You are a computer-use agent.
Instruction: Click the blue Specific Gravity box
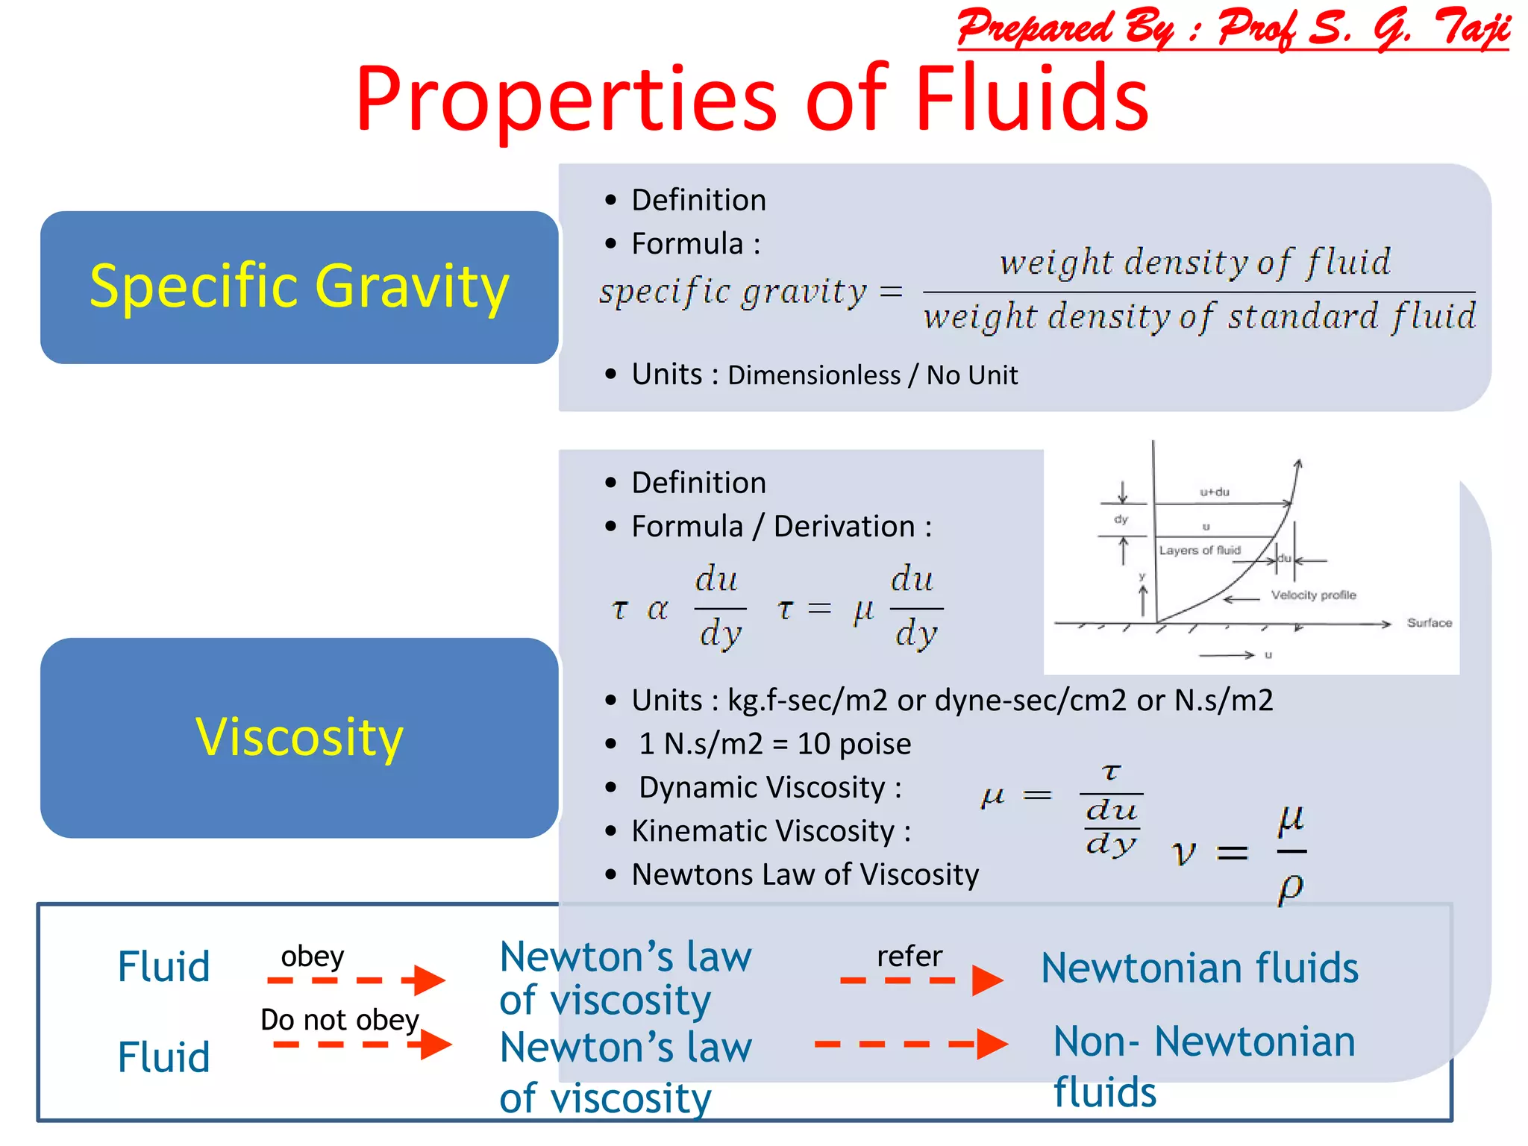tap(298, 287)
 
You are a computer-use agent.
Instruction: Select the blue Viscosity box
tap(298, 737)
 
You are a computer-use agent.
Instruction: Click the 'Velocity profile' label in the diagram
tap(1313, 595)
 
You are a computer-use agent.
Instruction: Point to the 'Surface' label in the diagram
tap(1429, 622)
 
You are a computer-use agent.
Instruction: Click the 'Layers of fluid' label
tap(1199, 550)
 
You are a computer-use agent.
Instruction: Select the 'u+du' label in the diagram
tap(1214, 492)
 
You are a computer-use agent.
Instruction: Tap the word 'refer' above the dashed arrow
tap(909, 956)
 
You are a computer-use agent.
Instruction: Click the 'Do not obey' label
tap(339, 1019)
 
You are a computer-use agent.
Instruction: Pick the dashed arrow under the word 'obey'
tap(357, 980)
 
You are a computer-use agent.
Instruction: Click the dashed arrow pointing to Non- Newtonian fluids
tap(910, 1044)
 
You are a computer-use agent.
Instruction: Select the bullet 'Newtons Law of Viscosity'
tap(804, 874)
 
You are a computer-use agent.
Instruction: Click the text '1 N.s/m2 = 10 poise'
tap(774, 744)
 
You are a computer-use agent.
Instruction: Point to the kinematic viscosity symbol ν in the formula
tap(1183, 853)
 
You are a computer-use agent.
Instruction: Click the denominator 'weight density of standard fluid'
tap(1199, 316)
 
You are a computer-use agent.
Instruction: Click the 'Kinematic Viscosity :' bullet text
tap(771, 831)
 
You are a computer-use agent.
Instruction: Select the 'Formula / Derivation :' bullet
tap(781, 527)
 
